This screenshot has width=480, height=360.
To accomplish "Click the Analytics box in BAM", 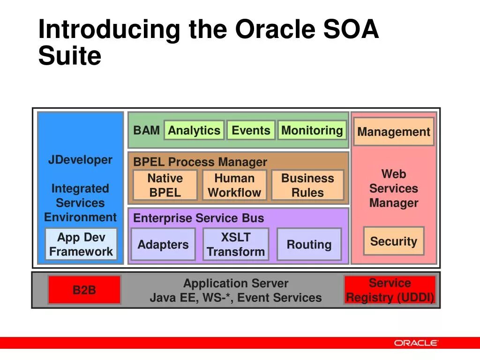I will (x=194, y=130).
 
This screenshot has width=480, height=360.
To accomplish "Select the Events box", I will (x=251, y=130).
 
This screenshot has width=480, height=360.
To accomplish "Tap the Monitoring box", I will (x=312, y=130).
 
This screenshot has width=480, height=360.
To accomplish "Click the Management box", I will (x=394, y=132).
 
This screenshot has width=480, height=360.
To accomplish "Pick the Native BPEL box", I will (x=165, y=185).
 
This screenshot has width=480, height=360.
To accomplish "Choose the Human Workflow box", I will (x=234, y=185).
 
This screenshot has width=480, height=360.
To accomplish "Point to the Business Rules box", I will (x=307, y=185).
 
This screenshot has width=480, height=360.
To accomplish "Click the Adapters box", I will (x=163, y=244).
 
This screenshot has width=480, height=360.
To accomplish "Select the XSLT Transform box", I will (x=236, y=244).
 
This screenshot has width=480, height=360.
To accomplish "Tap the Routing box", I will (x=309, y=244).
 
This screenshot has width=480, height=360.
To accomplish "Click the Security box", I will (x=394, y=241).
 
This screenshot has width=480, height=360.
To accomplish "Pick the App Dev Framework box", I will (x=81, y=244).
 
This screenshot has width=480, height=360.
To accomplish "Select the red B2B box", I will (x=84, y=290).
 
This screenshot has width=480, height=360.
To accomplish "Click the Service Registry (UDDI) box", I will (x=390, y=290).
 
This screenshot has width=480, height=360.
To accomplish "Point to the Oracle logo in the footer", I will (x=416, y=343).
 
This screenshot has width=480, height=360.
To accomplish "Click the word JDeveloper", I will (x=80, y=160).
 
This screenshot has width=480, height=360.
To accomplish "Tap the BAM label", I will (x=146, y=130).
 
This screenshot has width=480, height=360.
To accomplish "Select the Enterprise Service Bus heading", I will (x=199, y=218).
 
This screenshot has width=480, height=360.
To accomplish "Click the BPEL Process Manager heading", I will (x=200, y=162).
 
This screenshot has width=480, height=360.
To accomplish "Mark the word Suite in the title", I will (x=70, y=56).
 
